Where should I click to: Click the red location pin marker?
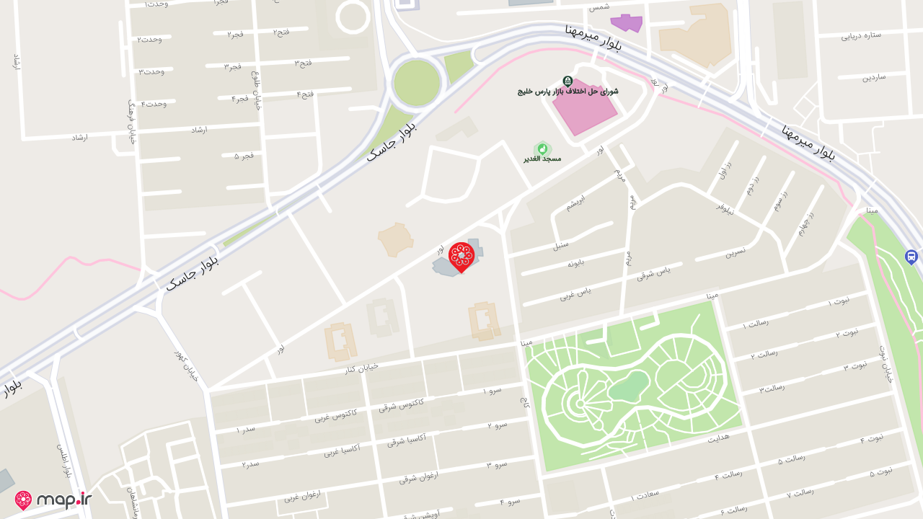pos(461,257)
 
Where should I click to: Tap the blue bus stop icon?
pos(911,257)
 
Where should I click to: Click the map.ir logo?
pos(53,500)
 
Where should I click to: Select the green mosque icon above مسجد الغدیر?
pos(542,148)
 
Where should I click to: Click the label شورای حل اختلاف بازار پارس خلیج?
pos(568,92)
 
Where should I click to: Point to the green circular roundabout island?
pos(416,82)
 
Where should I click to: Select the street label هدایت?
pos(719,438)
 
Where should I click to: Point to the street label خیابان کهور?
pos(185,365)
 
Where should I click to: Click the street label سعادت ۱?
pos(645,495)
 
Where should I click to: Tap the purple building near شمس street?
pos(626,23)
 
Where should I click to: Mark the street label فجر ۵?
pos(244,156)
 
